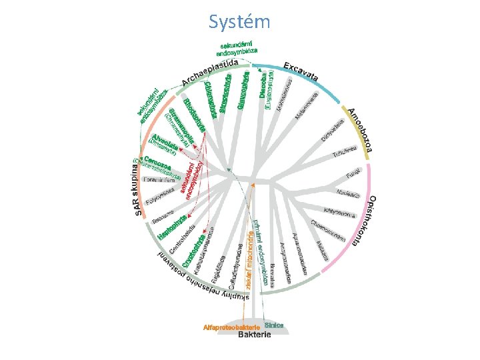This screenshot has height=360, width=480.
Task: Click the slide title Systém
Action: pos(239,23)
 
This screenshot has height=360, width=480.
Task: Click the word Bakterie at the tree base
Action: pos(255,335)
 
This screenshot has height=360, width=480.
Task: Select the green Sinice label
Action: pos(274,325)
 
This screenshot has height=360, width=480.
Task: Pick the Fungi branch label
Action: pos(353,175)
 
